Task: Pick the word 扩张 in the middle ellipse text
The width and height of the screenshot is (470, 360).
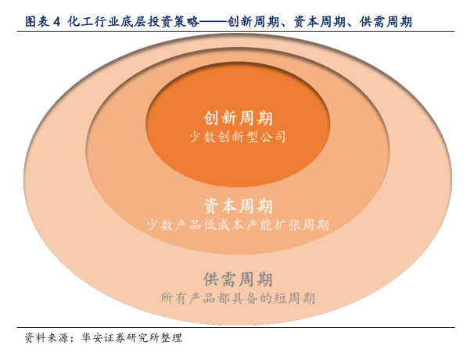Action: [290, 225]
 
